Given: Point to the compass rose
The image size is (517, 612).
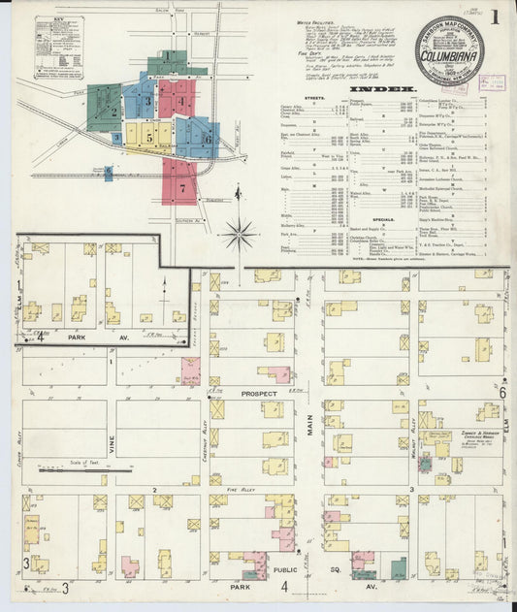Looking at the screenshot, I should tap(239, 233).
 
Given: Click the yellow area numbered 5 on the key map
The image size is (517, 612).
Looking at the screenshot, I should tap(149, 138).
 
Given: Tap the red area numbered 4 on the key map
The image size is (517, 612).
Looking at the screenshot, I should tap(179, 100).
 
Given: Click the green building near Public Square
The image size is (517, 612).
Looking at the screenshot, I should tap(398, 567).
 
